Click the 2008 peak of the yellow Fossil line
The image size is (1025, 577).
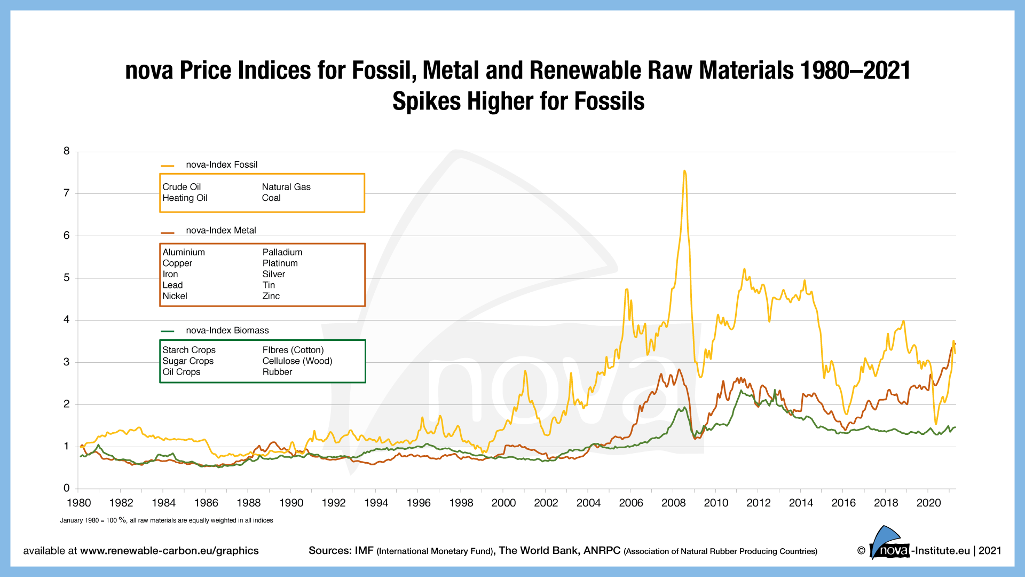[x=684, y=171]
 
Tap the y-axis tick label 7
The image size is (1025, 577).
[x=67, y=193]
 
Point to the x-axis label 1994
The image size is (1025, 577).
[x=376, y=503]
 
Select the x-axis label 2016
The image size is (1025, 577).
[x=843, y=503]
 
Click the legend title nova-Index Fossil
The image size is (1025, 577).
[x=222, y=165]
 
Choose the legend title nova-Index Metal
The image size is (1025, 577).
[x=221, y=230]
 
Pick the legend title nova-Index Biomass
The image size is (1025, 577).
[x=227, y=330]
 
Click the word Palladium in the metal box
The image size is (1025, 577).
[x=282, y=252]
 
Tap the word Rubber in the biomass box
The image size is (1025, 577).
[x=277, y=372]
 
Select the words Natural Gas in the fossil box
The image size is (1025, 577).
[x=286, y=187]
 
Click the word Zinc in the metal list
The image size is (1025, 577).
[x=271, y=296]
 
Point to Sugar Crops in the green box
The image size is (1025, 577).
[x=188, y=361]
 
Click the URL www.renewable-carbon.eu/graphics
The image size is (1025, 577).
[x=169, y=551]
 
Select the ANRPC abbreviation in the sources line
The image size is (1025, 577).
[x=602, y=551]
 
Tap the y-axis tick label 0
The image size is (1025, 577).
[x=67, y=488]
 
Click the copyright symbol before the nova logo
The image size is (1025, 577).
[x=861, y=551]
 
